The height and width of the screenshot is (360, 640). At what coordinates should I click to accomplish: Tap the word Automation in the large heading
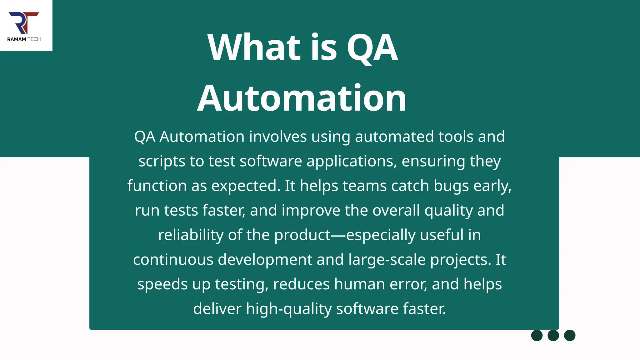point(302,98)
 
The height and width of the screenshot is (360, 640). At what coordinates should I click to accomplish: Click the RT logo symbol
point(24,23)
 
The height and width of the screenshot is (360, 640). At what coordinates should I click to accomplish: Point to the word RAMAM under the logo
point(17,39)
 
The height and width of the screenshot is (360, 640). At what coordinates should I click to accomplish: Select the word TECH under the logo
point(34,39)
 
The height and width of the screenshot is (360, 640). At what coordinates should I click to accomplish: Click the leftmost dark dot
point(537,335)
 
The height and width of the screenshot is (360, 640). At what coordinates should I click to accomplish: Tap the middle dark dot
point(553,335)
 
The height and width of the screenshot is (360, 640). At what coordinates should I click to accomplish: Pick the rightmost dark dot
point(570,335)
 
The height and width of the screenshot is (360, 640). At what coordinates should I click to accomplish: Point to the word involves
point(278,137)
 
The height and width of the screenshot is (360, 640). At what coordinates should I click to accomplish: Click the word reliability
point(191,235)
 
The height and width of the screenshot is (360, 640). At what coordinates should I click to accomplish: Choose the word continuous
point(173,259)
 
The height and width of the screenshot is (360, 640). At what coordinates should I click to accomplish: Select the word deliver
point(217,309)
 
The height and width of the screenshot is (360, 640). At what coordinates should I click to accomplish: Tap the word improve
point(311,210)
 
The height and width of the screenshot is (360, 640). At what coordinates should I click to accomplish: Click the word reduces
point(301,284)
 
